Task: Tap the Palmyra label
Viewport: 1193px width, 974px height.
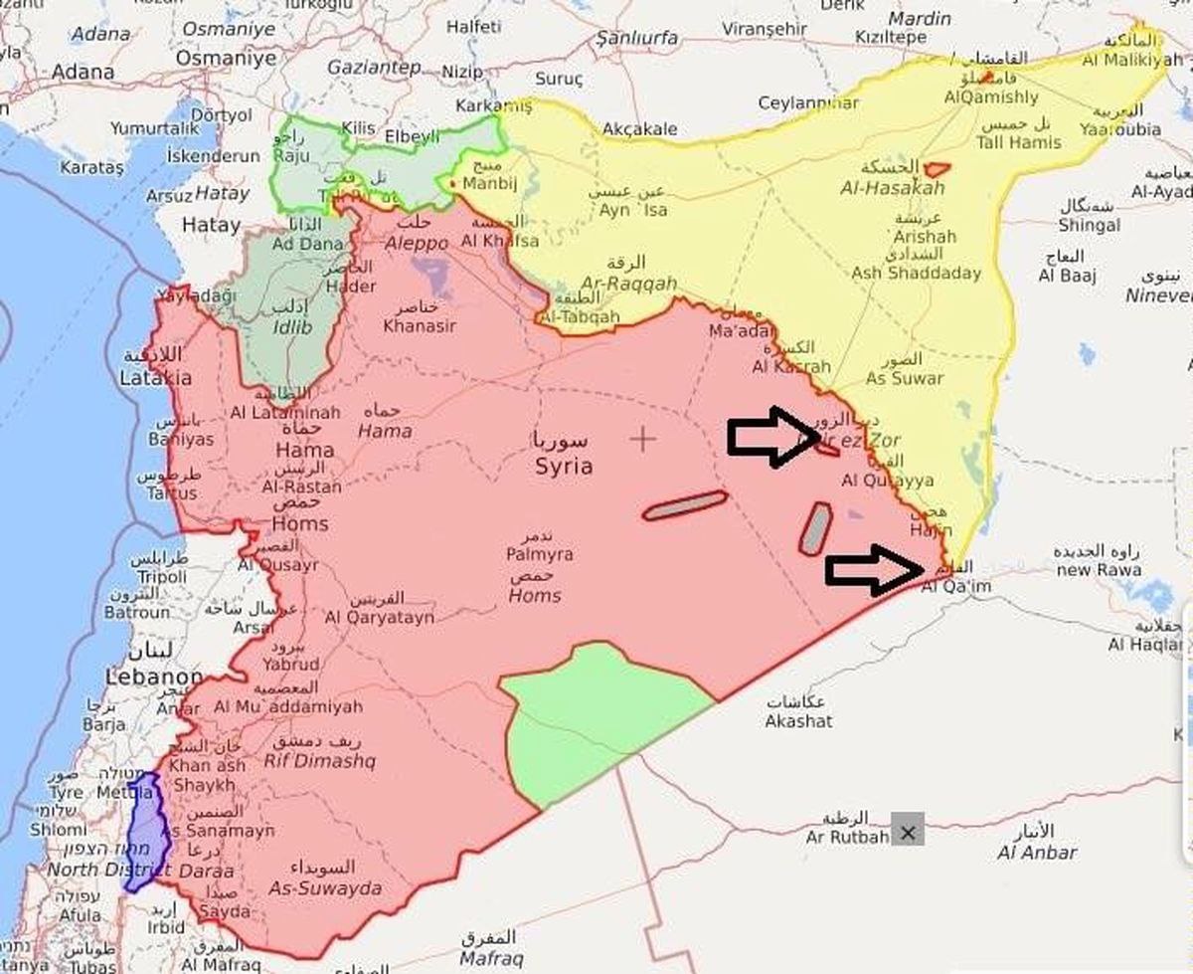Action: pyautogui.click(x=539, y=554)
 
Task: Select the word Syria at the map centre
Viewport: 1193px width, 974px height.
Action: pyautogui.click(x=564, y=466)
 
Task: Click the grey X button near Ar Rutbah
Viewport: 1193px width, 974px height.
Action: pyautogui.click(x=907, y=833)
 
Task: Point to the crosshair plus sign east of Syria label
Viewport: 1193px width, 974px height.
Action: pyautogui.click(x=643, y=439)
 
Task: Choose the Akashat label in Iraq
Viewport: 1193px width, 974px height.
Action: pyautogui.click(x=798, y=720)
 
